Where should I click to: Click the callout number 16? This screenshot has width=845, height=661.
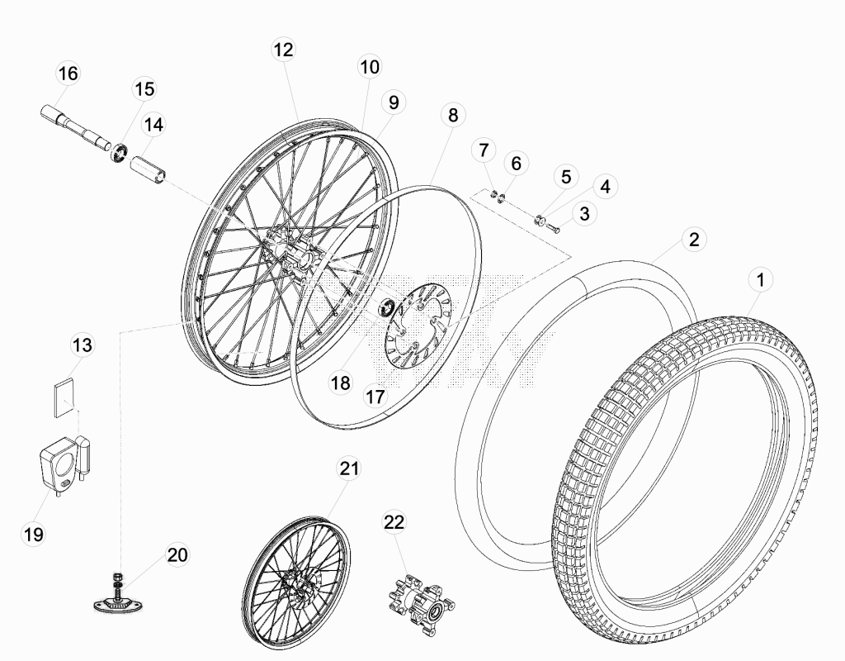click(x=68, y=74)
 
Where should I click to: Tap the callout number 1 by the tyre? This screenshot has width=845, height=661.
click(x=760, y=280)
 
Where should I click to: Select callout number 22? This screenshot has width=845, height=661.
click(x=394, y=522)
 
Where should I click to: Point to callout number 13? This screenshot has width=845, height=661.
click(x=83, y=345)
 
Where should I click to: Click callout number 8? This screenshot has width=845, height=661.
click(x=453, y=115)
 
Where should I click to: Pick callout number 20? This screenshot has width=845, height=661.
click(x=177, y=554)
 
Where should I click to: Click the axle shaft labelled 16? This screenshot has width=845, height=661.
click(x=75, y=127)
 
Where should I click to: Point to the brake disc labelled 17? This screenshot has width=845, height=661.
click(x=417, y=327)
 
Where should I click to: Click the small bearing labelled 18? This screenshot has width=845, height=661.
click(x=386, y=307)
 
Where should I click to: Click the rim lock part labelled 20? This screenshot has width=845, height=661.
click(x=118, y=597)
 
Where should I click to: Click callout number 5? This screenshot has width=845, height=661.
click(x=566, y=177)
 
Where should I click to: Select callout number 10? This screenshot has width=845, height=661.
click(x=369, y=67)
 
